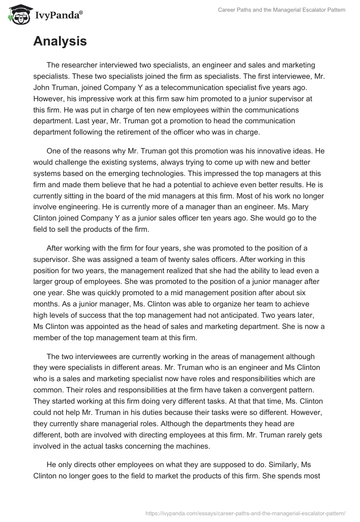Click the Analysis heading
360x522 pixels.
(x=60, y=41)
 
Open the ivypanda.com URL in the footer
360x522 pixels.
(x=246, y=513)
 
